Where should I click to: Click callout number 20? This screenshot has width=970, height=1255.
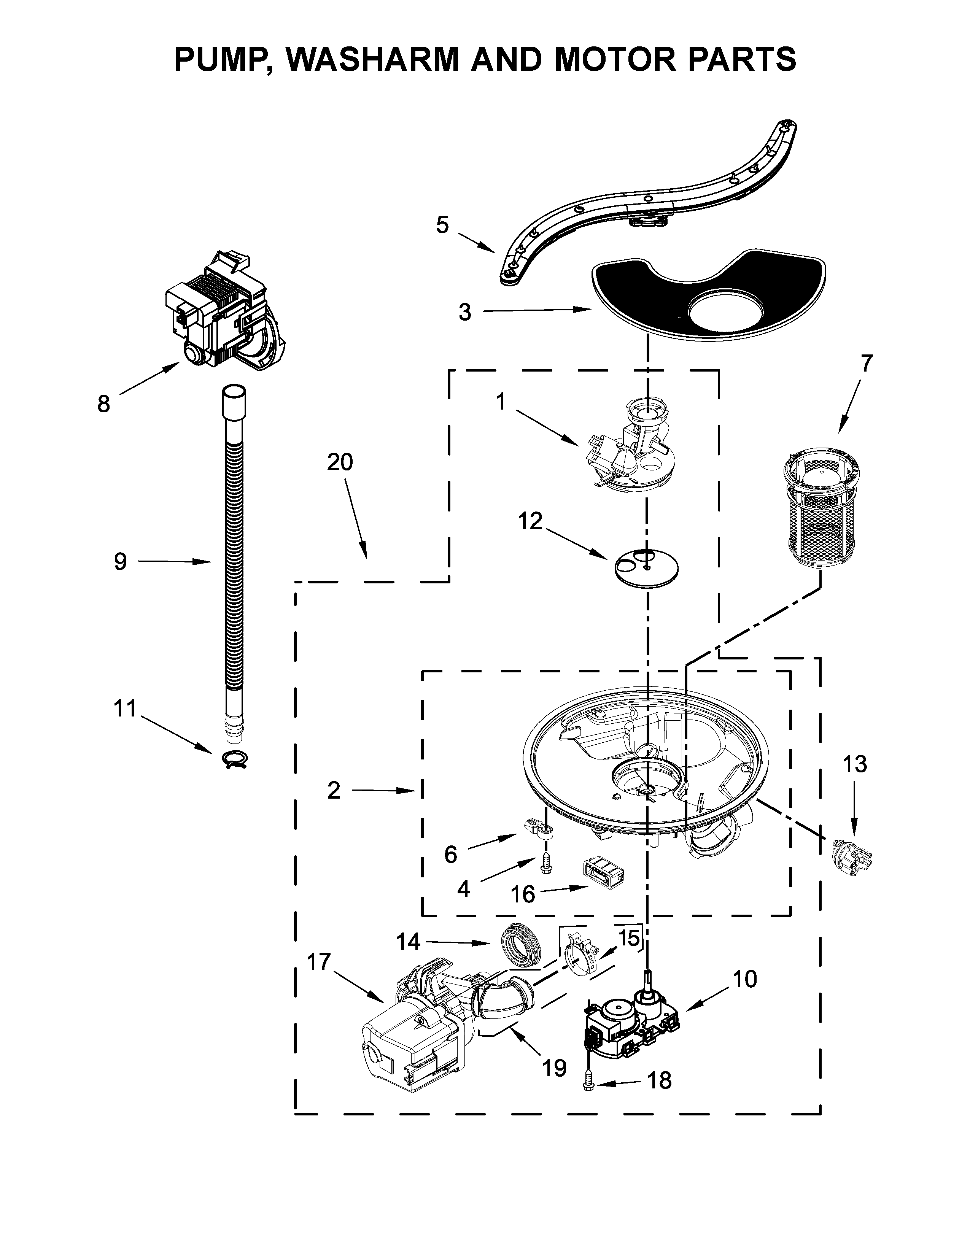click(x=340, y=462)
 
